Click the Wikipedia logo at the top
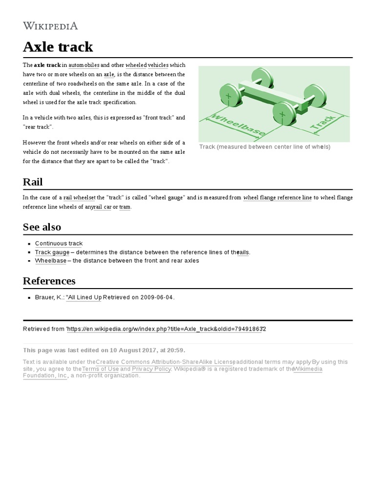pyautogui.click(x=50, y=26)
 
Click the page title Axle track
pyautogui.click(x=58, y=47)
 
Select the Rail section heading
pyautogui.click(x=33, y=182)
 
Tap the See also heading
pyautogui.click(x=42, y=227)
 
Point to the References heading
pyautogui.click(x=49, y=281)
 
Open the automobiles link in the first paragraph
pyautogui.click(x=84, y=65)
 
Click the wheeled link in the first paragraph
pyautogui.click(x=136, y=65)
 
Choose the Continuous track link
pyautogui.click(x=59, y=243)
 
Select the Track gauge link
pyautogui.click(x=52, y=252)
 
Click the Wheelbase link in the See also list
pyautogui.click(x=50, y=261)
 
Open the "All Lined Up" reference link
pyautogui.click(x=84, y=297)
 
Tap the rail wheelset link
pyautogui.click(x=79, y=198)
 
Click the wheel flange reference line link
pyautogui.click(x=277, y=198)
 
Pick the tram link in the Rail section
pyautogui.click(x=125, y=207)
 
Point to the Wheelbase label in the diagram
pyautogui.click(x=236, y=125)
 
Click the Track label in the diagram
pyautogui.click(x=324, y=124)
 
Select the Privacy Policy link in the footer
pyautogui.click(x=151, y=369)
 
